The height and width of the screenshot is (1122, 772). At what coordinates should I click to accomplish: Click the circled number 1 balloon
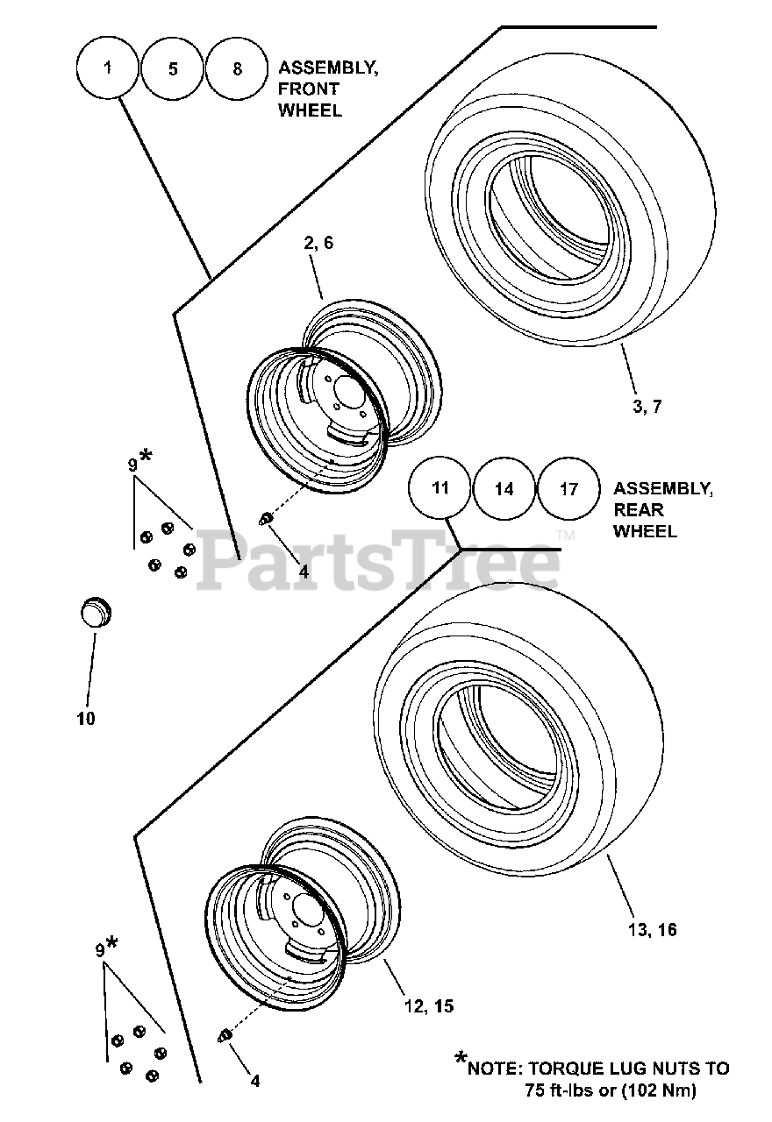tap(108, 67)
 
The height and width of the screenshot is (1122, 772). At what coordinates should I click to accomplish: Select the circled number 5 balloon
tap(173, 68)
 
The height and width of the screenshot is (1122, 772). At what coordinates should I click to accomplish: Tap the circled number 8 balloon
tap(238, 68)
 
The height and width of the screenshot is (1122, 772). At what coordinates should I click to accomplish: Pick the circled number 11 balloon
tap(440, 488)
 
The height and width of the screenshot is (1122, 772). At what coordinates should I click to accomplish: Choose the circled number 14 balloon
tap(504, 489)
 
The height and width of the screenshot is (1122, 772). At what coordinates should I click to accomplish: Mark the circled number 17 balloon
tap(569, 489)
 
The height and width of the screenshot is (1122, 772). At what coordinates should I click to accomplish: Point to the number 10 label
tap(86, 719)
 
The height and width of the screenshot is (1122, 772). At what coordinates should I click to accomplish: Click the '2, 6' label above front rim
tap(318, 243)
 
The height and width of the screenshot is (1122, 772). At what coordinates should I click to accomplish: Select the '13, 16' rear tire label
tap(653, 929)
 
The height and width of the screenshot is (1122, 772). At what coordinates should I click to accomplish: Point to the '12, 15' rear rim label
tap(430, 1005)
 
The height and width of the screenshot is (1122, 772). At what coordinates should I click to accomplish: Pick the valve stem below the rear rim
tap(224, 1036)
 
